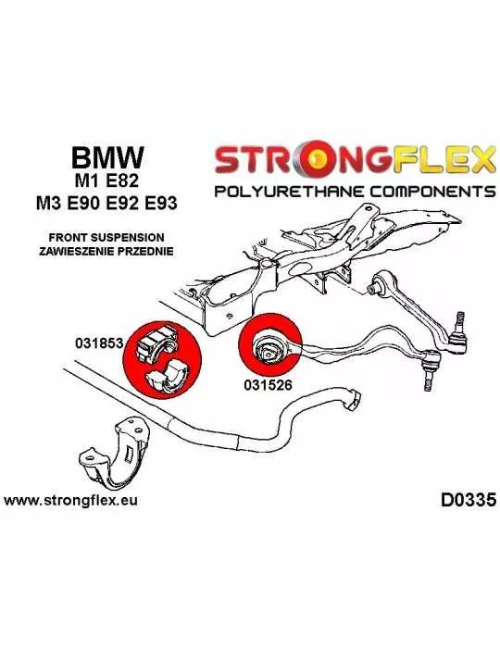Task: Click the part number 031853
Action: coord(99,343)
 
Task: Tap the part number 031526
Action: coord(268,385)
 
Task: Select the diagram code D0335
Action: coord(468,500)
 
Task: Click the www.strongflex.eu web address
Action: coord(70,501)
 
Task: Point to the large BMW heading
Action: coord(107,157)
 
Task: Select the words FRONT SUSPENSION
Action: coord(106,237)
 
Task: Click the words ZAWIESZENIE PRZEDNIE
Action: coord(106,251)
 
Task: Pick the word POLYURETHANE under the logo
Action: coord(289,192)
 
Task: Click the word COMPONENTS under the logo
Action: coord(432,192)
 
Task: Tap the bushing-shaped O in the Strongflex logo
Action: coord(318,158)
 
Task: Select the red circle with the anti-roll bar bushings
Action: coord(162,359)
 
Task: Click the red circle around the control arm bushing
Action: coord(270,344)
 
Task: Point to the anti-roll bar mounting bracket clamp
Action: coord(113,447)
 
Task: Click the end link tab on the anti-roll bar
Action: coord(352,398)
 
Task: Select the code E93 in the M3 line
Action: coord(160,204)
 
